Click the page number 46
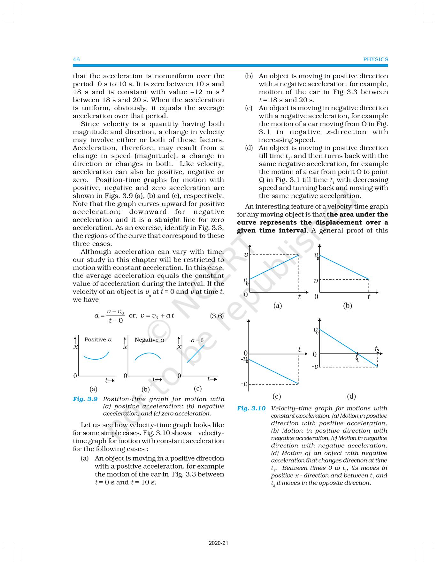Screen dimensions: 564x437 pos(76,59)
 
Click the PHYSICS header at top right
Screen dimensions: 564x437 pos(375,59)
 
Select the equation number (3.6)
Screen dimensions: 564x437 pos(217,316)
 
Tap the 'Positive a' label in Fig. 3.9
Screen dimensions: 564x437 pos(98,339)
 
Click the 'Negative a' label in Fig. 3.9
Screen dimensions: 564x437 pos(149,340)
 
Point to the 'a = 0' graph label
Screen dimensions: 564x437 pos(197,340)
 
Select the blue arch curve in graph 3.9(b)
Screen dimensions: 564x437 pos(148,354)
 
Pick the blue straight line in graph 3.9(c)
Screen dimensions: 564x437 pos(196,353)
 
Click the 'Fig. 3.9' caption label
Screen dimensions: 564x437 pos(85,399)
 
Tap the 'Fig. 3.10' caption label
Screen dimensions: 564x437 pos(251,408)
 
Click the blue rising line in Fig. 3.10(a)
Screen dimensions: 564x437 pos(274,267)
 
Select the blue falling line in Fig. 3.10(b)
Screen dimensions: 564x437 pos(344,267)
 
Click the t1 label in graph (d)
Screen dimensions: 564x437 pos(357,358)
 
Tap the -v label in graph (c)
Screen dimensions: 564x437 pos(244,384)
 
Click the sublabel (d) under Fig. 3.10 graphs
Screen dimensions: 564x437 pos(351,396)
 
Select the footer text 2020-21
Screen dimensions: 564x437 pos(218,543)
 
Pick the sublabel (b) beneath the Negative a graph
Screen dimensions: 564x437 pos(146,389)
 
